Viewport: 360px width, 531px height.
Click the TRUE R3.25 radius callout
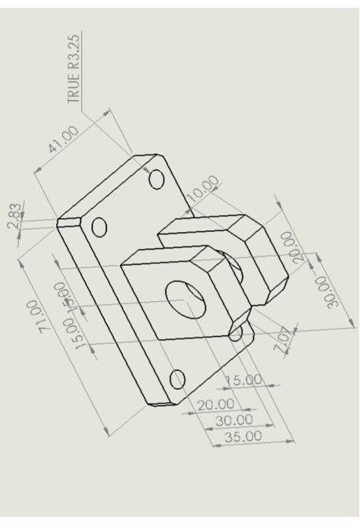tap(74, 68)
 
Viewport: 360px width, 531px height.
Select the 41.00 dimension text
tap(64, 140)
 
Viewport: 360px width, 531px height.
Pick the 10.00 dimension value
tap(203, 189)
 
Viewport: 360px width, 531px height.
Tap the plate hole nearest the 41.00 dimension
tap(157, 179)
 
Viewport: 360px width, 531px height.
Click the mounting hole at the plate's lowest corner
tap(178, 379)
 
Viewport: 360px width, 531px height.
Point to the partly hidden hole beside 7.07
tap(236, 331)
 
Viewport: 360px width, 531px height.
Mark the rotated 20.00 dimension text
tap(293, 247)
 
